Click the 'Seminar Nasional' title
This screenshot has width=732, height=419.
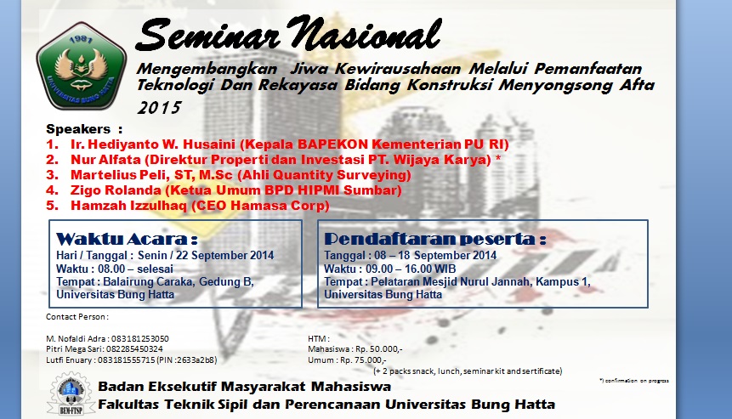[x=289, y=34]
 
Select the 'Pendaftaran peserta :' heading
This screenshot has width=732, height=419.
[x=434, y=238]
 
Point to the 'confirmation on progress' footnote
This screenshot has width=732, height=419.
[x=633, y=380]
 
